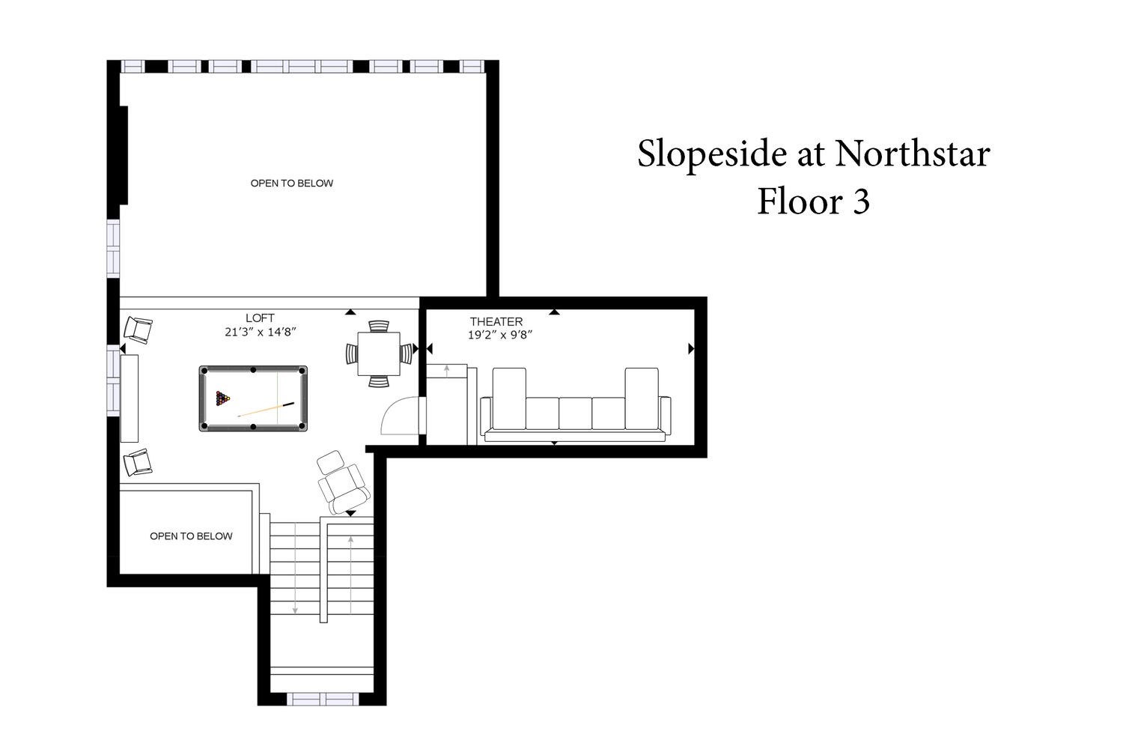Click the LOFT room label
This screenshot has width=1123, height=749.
[x=260, y=318]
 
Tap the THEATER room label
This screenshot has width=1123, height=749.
[x=496, y=321]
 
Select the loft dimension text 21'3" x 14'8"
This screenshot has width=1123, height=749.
[x=261, y=332]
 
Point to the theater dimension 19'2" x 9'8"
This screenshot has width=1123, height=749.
[x=500, y=335]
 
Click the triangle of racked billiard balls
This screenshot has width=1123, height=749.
[x=222, y=398]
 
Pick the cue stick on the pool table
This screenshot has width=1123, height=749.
[x=266, y=410]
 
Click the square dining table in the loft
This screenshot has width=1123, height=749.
[x=379, y=354]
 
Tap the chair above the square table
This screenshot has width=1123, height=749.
[x=379, y=326]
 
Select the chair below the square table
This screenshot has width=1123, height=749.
[x=379, y=382]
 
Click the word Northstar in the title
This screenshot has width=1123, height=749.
[x=913, y=154]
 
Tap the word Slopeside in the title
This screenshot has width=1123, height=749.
[x=712, y=154]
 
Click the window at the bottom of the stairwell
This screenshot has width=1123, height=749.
[x=323, y=699]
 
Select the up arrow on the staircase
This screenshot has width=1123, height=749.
[x=350, y=574]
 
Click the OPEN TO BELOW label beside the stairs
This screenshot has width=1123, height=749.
[x=191, y=536]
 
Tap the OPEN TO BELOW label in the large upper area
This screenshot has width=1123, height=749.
[x=292, y=184]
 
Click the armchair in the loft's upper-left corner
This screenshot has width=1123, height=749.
[x=138, y=330]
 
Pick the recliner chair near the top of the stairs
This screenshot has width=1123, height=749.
[x=344, y=482]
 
